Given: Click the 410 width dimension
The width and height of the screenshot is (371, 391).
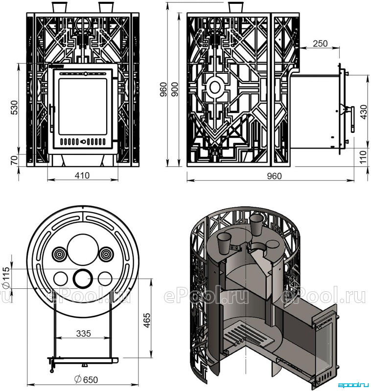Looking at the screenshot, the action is (x=82, y=175).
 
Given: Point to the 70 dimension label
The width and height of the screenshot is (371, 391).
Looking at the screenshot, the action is (x=15, y=160).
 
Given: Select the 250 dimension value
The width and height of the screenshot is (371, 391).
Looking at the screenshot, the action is (x=320, y=43).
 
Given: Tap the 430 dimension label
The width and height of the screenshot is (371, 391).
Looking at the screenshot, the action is (x=364, y=112).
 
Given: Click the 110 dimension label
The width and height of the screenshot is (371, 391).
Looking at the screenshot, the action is (x=364, y=156).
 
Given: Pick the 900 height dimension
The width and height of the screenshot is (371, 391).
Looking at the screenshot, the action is (x=175, y=89).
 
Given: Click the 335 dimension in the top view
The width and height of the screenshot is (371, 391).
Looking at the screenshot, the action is (x=83, y=333).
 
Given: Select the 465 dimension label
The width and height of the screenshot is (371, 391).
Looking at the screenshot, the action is (x=146, y=321).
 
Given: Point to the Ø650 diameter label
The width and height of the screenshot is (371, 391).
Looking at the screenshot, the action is (x=86, y=380).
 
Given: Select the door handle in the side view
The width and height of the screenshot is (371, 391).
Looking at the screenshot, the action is (x=351, y=119).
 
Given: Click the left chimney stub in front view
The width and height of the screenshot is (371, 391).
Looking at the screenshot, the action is (x=59, y=7).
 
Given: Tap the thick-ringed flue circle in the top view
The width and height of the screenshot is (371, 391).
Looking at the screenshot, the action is (x=82, y=278).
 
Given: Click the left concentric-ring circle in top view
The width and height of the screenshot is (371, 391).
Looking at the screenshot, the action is (x=60, y=254).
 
